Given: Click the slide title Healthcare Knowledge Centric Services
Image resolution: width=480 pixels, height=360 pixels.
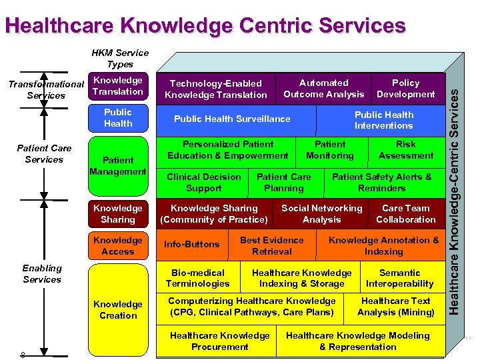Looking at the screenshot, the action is [x=205, y=26].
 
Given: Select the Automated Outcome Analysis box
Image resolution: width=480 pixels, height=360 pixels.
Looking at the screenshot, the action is [x=323, y=89].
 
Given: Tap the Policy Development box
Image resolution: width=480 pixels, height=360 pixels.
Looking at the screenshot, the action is [x=405, y=89].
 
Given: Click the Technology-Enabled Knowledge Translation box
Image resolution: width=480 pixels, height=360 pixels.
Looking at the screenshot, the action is [x=216, y=89].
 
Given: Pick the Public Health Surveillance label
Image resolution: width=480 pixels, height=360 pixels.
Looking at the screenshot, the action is [x=232, y=119].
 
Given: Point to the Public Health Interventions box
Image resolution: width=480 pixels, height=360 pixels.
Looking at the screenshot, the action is [x=383, y=120].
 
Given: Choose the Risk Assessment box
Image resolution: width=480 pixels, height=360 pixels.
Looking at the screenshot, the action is [x=405, y=150].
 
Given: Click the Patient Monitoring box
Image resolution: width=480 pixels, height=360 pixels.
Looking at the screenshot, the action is [x=330, y=150].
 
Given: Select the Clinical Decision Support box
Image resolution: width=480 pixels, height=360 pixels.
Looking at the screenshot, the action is [x=204, y=183].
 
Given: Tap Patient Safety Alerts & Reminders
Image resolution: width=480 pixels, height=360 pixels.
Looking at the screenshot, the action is [x=381, y=183].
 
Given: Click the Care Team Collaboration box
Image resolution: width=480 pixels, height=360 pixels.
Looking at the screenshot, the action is [x=405, y=214].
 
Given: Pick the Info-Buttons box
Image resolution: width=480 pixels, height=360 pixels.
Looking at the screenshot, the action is [x=191, y=245].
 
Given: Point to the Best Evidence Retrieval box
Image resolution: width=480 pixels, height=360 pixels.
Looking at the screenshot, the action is [x=271, y=246].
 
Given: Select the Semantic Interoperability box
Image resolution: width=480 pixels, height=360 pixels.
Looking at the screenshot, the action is [x=399, y=278].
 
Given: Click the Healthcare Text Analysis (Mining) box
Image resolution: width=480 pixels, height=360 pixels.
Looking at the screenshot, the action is [x=395, y=307].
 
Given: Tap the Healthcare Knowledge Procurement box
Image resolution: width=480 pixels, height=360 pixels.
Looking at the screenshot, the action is [x=219, y=341].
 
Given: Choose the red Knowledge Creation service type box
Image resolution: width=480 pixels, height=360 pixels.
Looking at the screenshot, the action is [x=118, y=310].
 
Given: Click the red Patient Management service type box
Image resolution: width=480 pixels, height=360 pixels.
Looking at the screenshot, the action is [x=118, y=166].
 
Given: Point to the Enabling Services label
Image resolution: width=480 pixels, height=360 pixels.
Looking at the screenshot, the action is [x=42, y=274].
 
